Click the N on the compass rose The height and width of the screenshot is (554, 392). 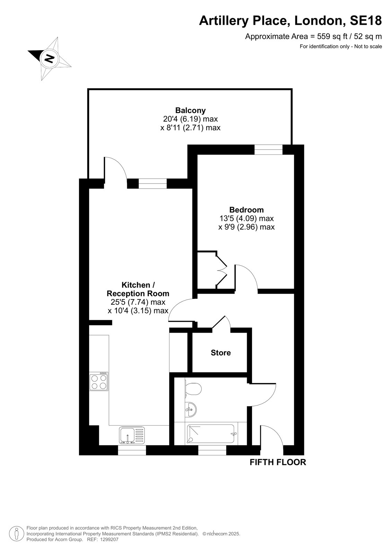coord(50,59)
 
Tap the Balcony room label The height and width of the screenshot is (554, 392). coord(190,110)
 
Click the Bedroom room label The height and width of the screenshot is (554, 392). coord(246,210)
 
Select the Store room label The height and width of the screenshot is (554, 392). coord(221,352)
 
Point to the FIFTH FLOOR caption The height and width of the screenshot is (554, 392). coord(278,462)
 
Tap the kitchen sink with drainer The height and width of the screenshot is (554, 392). coord(132,435)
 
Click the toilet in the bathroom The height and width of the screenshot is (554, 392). coord(193,389)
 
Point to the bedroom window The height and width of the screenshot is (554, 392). coord(268,150)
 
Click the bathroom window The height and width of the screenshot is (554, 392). coord(212,450)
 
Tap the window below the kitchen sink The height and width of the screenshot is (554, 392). coord(132,450)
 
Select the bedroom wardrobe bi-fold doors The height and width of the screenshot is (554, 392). coord(221,270)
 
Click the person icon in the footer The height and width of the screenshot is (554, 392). coord(17,534)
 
